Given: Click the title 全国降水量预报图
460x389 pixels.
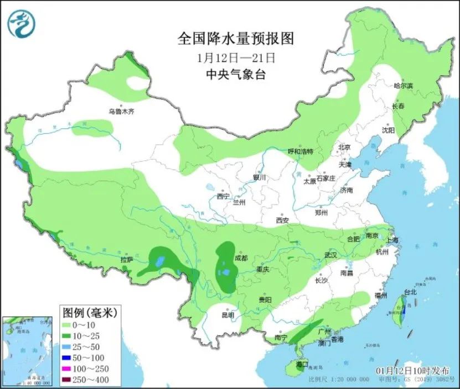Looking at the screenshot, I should tap(235, 38).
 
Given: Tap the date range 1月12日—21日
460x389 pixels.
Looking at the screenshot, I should tap(235, 57).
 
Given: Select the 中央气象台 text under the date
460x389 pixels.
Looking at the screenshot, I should tap(235, 75).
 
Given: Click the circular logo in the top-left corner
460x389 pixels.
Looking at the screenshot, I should tap(21, 24).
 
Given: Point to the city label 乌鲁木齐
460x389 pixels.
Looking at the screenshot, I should tap(121, 111).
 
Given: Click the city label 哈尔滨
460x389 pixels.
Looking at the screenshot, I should tap(403, 86).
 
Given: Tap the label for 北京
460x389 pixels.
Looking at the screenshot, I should tap(344, 148).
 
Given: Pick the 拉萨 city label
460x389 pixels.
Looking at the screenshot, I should tap(127, 259).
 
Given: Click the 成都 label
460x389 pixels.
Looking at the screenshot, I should tap(241, 258).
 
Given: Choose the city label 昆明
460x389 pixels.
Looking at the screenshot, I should tap(228, 315).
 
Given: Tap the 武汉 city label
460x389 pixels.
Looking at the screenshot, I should tap(331, 255).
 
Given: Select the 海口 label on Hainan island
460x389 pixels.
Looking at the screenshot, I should tap(302, 365).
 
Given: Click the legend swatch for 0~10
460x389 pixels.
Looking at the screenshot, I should tap(69, 325).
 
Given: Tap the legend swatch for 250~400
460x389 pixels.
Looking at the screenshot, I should tap(69, 379).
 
